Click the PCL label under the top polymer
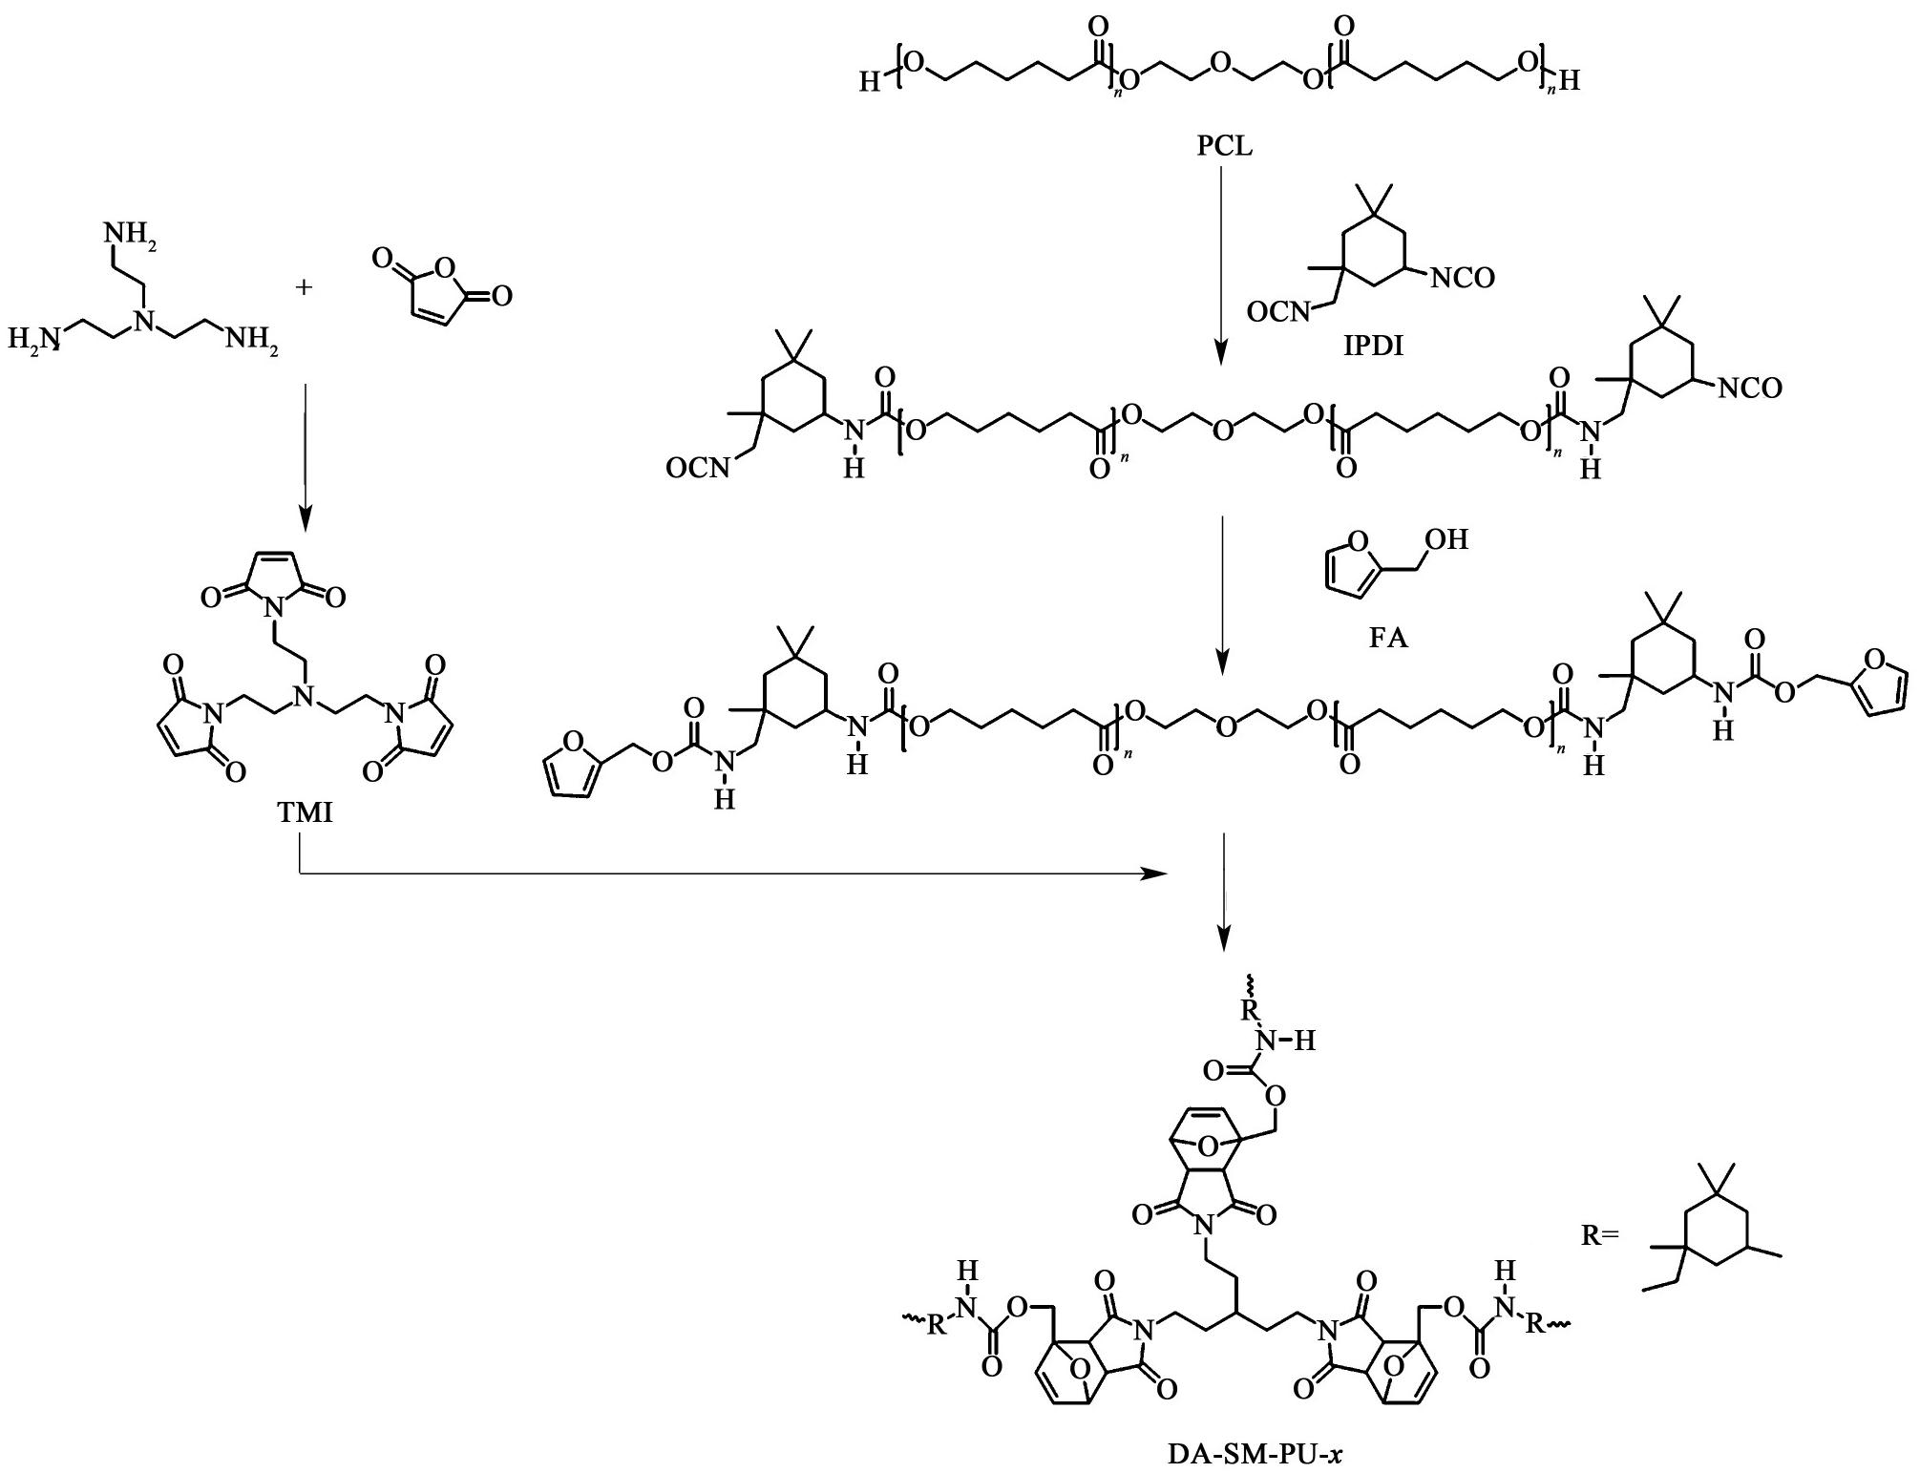(x=1224, y=146)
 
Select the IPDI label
(x=1374, y=346)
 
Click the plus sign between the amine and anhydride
(x=304, y=285)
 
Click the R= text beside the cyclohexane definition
(x=1600, y=1235)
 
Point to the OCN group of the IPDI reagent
(x=1278, y=312)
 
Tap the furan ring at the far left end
(x=571, y=765)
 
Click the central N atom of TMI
(x=303, y=697)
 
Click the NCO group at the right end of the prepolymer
(x=1749, y=389)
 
